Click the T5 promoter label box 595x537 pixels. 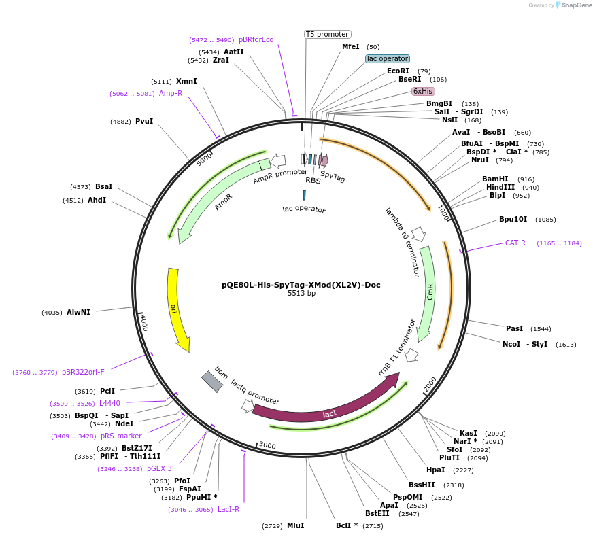[x=327, y=34]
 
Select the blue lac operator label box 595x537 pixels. [x=388, y=59]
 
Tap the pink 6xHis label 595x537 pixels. [x=423, y=91]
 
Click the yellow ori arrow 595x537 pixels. [x=176, y=309]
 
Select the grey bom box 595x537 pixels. [x=211, y=381]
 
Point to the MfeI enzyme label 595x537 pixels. [x=350, y=47]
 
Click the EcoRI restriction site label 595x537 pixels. [x=398, y=71]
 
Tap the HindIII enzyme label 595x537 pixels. [x=503, y=187]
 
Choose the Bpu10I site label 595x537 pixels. [x=513, y=219]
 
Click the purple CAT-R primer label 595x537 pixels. [x=515, y=243]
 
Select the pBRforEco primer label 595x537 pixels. [x=256, y=39]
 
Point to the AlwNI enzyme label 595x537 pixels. [x=78, y=312]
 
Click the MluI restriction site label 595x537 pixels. [x=295, y=525]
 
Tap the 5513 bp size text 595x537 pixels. [x=301, y=294]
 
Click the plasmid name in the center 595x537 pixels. [x=301, y=285]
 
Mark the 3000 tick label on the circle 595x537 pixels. [x=267, y=445]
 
